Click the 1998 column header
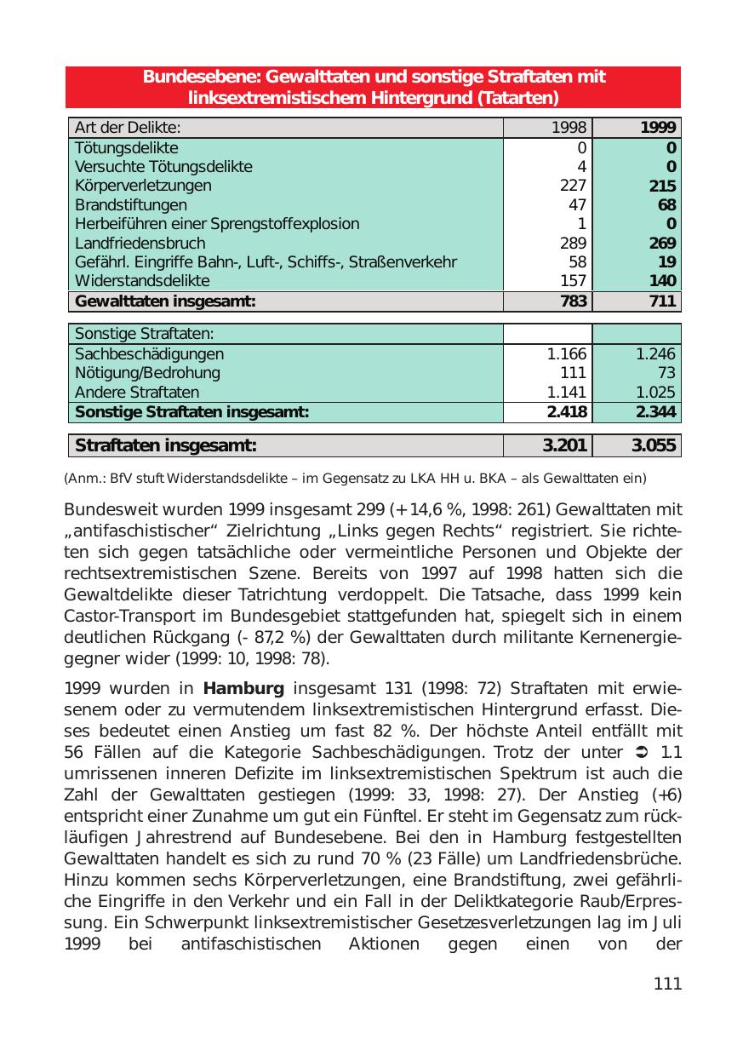click(569, 128)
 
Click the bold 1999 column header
click(659, 128)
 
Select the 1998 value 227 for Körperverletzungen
click(572, 186)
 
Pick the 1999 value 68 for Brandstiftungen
click(666, 205)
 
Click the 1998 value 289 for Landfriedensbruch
click(572, 243)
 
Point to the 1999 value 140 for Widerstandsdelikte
click(662, 281)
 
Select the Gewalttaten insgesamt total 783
click(571, 301)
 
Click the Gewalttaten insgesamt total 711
click(661, 301)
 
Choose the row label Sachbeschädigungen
click(150, 353)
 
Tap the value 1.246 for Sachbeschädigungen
click(655, 353)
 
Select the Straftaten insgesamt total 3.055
click(654, 445)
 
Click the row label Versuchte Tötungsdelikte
click(163, 167)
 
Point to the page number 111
click(667, 984)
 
